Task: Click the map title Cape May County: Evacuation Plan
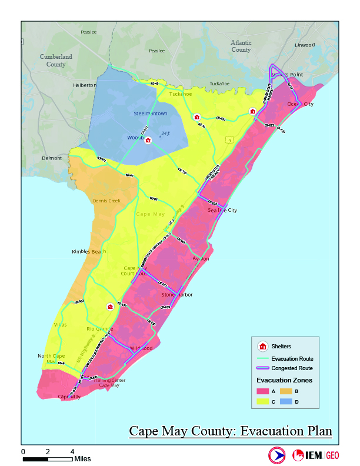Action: tap(231, 431)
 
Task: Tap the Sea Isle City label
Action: tap(222, 210)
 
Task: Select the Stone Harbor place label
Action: tap(177, 295)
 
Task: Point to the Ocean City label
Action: tap(300, 104)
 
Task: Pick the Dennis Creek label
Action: tap(106, 201)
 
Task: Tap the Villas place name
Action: tap(61, 325)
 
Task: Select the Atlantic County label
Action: tap(241, 46)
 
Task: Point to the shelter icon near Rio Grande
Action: tap(109, 307)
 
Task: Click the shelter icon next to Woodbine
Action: tap(149, 140)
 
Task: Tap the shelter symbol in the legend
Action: tap(262, 346)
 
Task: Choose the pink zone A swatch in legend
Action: tap(262, 390)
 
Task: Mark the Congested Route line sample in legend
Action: tap(262, 368)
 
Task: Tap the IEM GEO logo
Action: tap(316, 455)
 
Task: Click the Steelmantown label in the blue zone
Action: tap(146, 113)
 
